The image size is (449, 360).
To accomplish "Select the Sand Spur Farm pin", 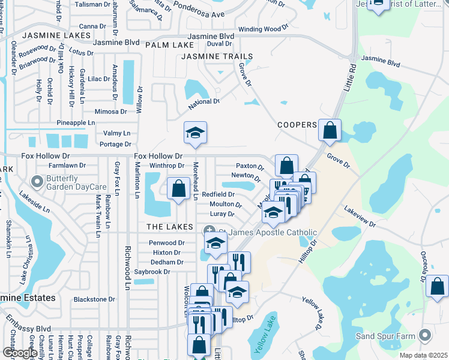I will point(426,335).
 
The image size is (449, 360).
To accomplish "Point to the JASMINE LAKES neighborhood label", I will point(47,36).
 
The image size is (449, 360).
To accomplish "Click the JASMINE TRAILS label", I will point(217,56).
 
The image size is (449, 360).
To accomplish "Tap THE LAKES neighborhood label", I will point(170,227).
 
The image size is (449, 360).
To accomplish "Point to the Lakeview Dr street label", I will point(360,217).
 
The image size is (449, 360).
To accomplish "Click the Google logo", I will point(20,353).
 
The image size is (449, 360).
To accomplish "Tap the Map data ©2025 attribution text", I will point(423,355).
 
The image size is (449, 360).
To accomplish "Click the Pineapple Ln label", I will point(76,122).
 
